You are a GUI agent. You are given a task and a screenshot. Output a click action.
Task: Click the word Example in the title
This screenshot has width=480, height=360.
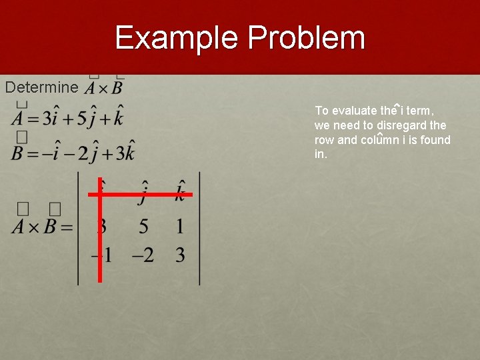click(176, 38)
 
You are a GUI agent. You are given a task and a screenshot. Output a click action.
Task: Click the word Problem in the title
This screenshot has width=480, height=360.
click(307, 38)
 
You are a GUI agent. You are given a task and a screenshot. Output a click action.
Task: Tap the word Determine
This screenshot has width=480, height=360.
click(41, 87)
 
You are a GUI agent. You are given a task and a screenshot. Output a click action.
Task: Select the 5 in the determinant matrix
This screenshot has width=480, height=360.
click(143, 227)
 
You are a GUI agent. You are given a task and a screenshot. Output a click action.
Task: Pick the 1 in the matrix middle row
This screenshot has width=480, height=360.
click(180, 227)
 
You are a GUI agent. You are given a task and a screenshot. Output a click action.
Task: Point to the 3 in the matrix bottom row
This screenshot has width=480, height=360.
click(180, 255)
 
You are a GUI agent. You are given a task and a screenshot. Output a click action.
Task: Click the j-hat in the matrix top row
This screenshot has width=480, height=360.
click(143, 193)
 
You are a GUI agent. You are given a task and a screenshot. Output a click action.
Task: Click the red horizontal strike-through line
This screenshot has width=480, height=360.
click(153, 195)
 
